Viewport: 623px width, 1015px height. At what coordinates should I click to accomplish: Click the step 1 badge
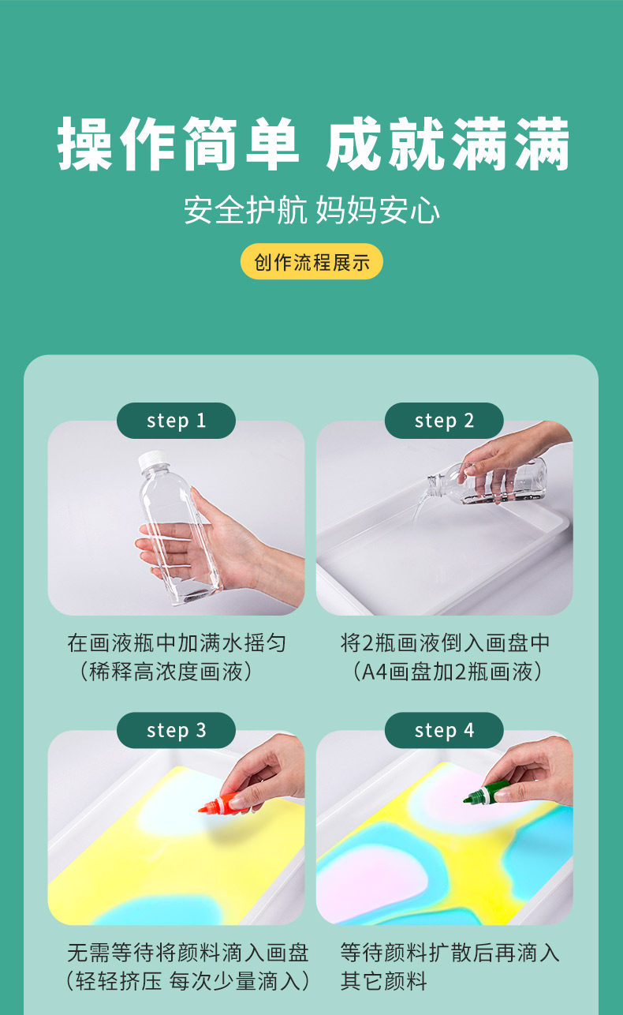[176, 421]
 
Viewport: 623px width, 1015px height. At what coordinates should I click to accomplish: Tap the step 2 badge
[444, 421]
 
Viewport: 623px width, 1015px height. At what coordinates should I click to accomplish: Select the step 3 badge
[176, 730]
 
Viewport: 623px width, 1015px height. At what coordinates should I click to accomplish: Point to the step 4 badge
[444, 730]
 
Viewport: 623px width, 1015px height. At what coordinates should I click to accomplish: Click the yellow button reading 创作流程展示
[311, 261]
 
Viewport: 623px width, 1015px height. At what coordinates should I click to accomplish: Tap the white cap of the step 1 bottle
[153, 460]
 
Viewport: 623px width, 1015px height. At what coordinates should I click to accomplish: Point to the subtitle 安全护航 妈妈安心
[311, 210]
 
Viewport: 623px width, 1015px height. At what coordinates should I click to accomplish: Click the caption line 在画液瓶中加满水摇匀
[177, 643]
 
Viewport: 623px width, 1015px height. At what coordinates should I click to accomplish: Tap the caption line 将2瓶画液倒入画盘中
[445, 643]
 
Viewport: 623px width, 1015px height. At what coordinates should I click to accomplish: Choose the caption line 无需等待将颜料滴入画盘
[188, 953]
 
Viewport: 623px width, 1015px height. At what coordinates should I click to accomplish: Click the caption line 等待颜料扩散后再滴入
[450, 953]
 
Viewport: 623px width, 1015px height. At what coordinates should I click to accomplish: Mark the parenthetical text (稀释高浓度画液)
[166, 672]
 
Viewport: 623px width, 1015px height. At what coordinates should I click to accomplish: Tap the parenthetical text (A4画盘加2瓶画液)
[447, 672]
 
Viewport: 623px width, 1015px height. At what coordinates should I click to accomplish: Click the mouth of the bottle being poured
[432, 484]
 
